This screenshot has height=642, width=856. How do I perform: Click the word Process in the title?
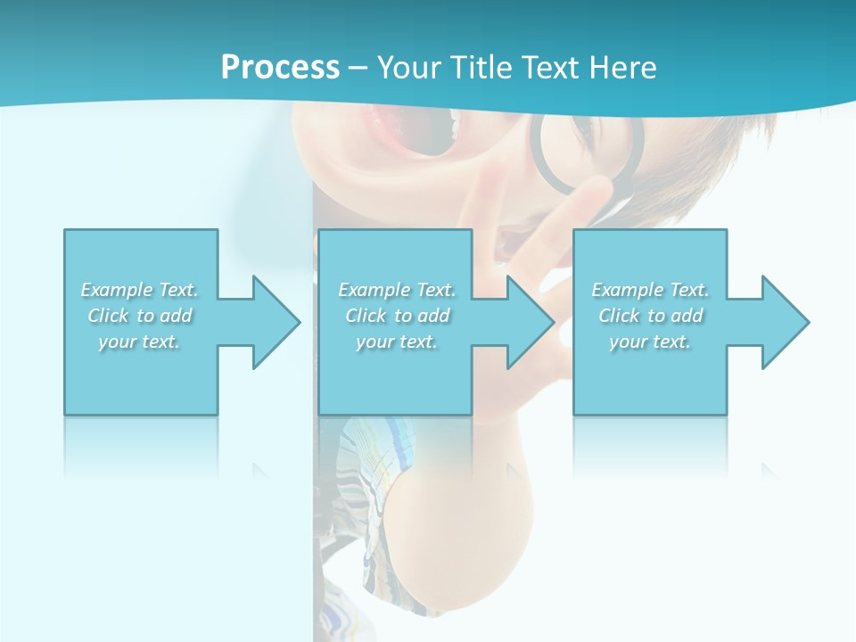coord(280,68)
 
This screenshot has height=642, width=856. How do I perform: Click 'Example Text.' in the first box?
coord(140,290)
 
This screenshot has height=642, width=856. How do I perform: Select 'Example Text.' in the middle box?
coord(397,290)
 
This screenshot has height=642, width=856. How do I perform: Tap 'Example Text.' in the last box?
coord(650,290)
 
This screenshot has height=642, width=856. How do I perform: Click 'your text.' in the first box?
coord(139,342)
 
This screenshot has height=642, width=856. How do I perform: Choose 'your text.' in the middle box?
coord(397,342)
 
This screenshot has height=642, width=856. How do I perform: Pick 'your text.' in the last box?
coord(650,342)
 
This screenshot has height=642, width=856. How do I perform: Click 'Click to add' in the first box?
coord(140,316)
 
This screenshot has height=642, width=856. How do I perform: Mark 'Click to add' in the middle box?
coord(397,316)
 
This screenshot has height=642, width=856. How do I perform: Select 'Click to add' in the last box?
coord(650,316)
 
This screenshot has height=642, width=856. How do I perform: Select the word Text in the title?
coord(549,68)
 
